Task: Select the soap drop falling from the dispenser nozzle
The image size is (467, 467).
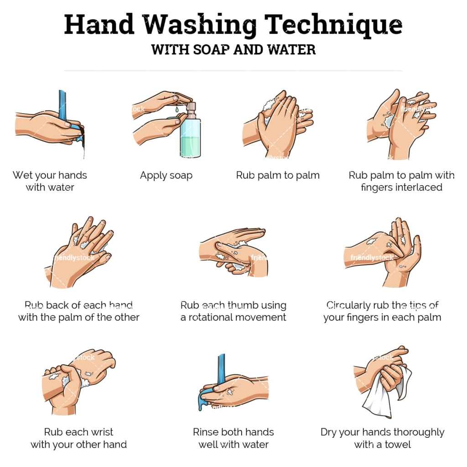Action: click(x=177, y=109)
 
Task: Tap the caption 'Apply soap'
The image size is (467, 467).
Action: click(x=166, y=176)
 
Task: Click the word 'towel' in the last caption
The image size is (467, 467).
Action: click(x=398, y=445)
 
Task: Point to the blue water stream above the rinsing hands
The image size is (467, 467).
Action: click(x=221, y=369)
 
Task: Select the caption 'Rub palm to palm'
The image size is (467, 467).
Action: click(x=278, y=176)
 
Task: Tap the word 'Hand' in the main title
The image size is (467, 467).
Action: click(x=99, y=25)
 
